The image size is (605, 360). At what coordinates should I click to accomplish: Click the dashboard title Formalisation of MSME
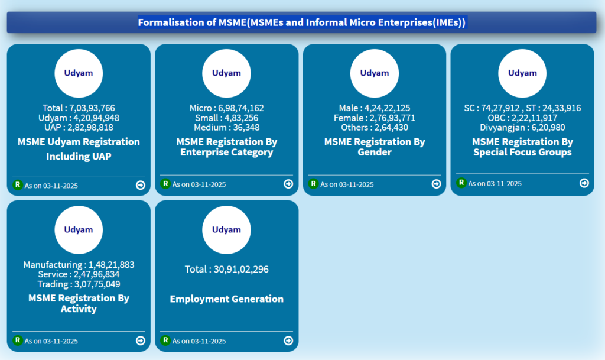click(302, 22)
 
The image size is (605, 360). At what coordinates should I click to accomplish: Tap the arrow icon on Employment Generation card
click(288, 340)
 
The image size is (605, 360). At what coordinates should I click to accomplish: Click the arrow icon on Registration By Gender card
click(436, 184)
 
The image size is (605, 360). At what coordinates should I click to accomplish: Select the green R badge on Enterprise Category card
click(165, 184)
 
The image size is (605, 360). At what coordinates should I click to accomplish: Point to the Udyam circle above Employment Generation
click(226, 230)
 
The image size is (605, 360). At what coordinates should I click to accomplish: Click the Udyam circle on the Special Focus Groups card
click(522, 73)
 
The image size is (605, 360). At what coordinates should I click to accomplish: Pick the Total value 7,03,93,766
click(92, 108)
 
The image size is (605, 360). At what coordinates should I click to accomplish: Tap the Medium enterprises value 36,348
click(245, 127)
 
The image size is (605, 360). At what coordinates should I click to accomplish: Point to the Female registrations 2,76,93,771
click(391, 118)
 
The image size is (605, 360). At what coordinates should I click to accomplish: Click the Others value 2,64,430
click(391, 127)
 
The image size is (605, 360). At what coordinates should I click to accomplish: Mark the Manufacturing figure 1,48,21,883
click(112, 265)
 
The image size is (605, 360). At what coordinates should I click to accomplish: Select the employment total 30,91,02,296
click(239, 270)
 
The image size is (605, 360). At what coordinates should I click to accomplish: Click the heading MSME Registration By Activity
click(79, 303)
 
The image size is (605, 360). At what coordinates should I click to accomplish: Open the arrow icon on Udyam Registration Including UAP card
click(140, 185)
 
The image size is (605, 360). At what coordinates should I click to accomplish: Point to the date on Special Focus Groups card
click(495, 183)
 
